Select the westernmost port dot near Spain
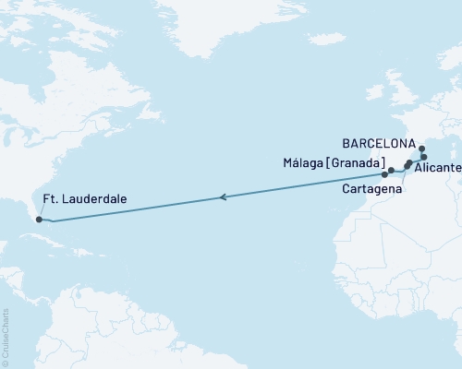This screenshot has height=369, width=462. (384, 173)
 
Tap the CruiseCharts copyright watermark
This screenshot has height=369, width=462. (6, 336)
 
